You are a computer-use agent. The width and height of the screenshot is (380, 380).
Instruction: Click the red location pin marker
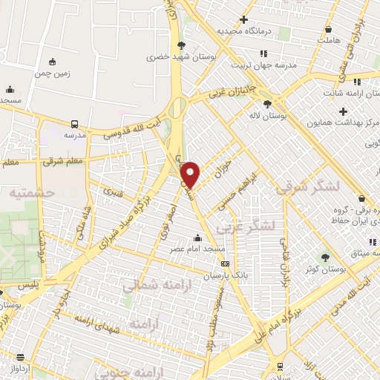(191, 174)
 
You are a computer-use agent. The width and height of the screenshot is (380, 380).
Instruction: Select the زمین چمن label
(51, 74)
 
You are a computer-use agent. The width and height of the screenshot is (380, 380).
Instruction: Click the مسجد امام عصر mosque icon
(197, 238)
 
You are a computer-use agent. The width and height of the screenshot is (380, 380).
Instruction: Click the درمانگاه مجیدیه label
(243, 32)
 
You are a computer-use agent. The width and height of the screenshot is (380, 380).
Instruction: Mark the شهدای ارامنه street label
(95, 319)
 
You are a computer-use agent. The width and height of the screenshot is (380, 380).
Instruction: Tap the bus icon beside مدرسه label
(75, 124)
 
